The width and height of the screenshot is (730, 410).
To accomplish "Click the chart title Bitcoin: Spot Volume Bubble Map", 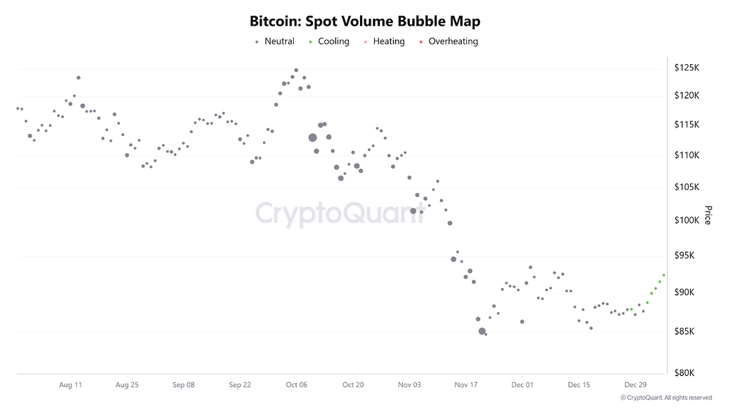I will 365,21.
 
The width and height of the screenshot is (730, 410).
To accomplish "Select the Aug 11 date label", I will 70,384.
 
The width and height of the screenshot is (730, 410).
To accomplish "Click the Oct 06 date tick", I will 296,384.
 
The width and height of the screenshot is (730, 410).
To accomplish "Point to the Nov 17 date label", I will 466,384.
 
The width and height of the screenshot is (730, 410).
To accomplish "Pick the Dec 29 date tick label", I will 635,384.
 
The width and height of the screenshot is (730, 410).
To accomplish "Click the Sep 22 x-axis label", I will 240,384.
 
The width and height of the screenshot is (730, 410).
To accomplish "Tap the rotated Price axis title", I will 707,215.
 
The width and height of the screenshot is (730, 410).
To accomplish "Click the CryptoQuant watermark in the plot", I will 339,213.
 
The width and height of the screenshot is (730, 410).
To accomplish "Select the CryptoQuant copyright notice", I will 666,398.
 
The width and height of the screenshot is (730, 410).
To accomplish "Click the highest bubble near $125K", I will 296,70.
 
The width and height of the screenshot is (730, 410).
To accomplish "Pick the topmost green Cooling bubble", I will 664,275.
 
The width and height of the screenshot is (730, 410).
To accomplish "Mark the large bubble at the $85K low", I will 482,331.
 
